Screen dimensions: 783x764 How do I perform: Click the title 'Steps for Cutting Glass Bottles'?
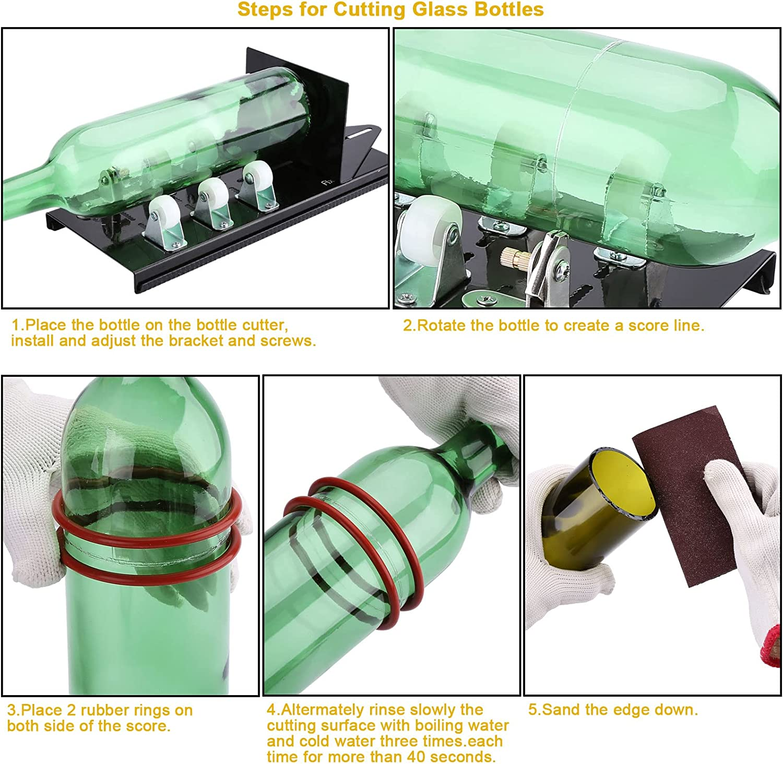(390, 10)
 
